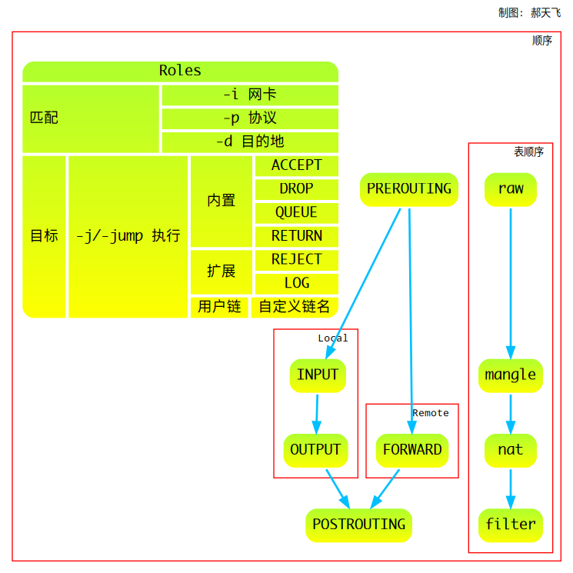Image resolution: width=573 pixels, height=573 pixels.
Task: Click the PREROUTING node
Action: (x=409, y=189)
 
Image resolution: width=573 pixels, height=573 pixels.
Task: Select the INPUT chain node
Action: (x=318, y=375)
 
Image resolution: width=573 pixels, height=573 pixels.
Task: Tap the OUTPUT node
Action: (x=315, y=450)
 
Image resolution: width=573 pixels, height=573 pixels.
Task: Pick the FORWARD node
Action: (x=412, y=450)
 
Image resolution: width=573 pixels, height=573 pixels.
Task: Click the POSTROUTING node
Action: (x=358, y=525)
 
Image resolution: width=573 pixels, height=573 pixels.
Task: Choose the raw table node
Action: (x=510, y=189)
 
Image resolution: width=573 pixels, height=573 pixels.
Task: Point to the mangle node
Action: (x=510, y=375)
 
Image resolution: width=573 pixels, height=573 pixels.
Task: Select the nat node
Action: (x=510, y=450)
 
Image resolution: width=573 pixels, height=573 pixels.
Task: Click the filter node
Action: (x=510, y=525)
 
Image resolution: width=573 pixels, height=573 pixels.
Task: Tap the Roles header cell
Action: (x=180, y=71)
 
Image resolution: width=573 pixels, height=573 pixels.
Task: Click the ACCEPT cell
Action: (x=296, y=165)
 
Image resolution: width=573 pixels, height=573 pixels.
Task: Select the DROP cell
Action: (x=296, y=189)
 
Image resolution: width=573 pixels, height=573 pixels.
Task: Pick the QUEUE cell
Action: (x=296, y=213)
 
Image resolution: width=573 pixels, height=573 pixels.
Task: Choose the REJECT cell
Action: (x=296, y=260)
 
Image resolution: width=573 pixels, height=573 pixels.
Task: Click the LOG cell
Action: (x=296, y=283)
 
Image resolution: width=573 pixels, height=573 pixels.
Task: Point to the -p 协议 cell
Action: (x=250, y=118)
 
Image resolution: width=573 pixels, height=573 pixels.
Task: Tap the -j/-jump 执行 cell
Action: (x=128, y=236)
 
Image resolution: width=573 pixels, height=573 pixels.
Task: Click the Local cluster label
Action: (x=333, y=338)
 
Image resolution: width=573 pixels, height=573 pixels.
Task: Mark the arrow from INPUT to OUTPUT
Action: (x=316, y=413)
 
